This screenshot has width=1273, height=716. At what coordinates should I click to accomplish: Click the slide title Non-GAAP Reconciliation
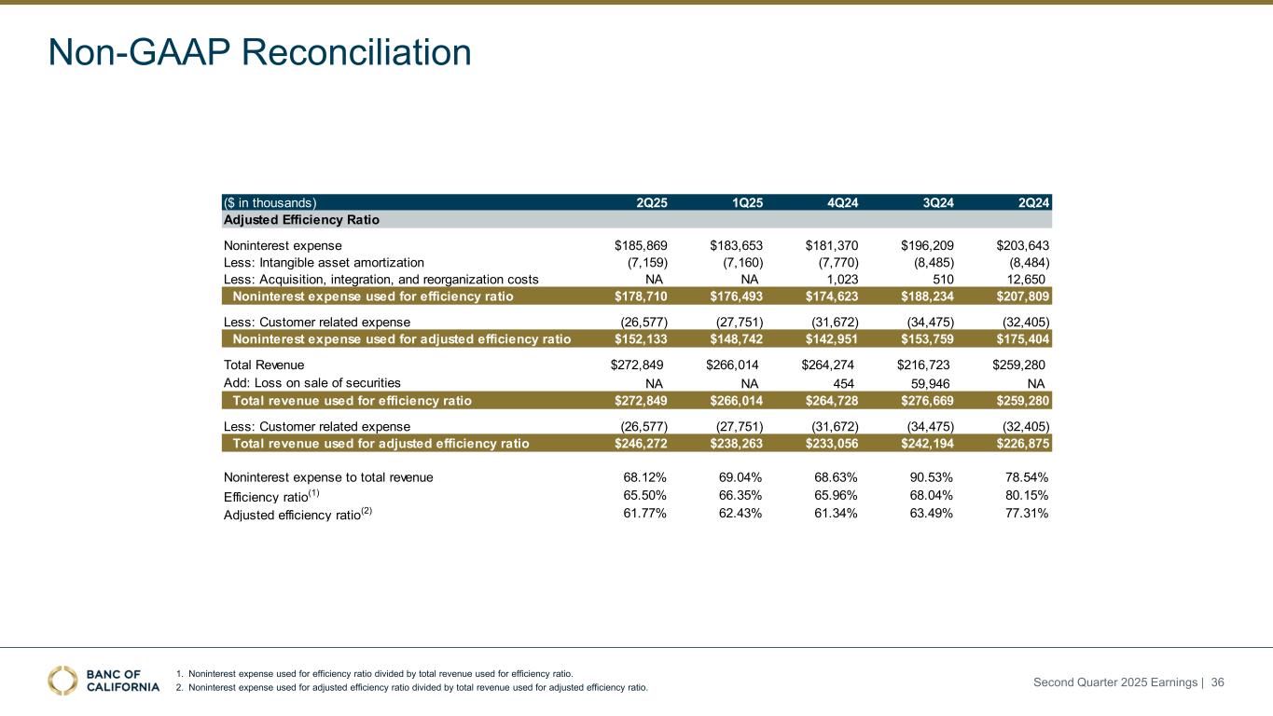point(260,52)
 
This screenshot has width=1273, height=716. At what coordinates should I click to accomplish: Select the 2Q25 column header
point(651,201)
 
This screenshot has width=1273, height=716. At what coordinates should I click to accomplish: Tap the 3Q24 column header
point(936,201)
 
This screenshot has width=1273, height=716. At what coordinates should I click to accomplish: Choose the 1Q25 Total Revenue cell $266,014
point(735,365)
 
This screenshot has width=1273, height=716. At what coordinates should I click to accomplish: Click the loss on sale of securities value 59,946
point(932,382)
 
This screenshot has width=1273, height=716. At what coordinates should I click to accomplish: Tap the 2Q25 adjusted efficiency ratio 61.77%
point(644,513)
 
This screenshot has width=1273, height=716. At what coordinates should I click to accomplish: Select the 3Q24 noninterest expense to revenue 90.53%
point(931,477)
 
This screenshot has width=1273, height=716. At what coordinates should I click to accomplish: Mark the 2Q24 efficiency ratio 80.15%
point(1026,495)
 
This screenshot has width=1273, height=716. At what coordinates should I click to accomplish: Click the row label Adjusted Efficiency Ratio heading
point(301,220)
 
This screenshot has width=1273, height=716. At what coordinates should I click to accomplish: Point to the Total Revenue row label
point(264,365)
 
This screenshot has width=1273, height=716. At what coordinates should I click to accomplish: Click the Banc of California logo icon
point(63,681)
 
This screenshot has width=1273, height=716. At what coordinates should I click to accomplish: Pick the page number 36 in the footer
point(1217,682)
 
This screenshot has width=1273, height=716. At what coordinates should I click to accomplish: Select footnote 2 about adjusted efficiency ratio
point(411,688)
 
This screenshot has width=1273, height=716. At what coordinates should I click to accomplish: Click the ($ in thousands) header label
point(270,201)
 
